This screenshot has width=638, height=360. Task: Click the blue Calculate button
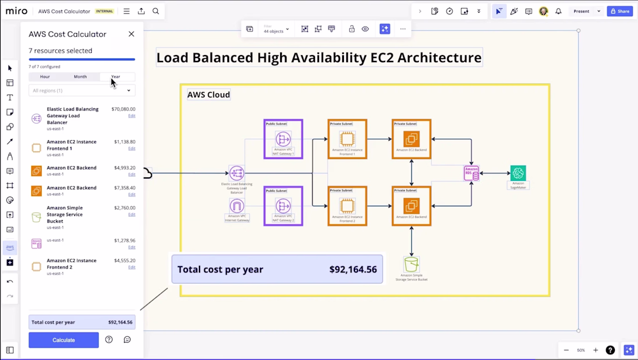click(x=64, y=340)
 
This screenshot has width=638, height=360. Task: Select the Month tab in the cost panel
click(x=80, y=77)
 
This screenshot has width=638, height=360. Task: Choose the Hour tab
click(x=45, y=77)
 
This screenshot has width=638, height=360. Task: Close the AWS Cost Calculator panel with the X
click(x=131, y=34)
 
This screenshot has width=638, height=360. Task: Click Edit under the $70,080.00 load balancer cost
click(x=132, y=116)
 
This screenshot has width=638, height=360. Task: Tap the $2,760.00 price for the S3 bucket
click(x=124, y=208)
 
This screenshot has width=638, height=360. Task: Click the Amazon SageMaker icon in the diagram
click(x=518, y=173)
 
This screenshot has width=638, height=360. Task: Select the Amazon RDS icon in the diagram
click(x=472, y=173)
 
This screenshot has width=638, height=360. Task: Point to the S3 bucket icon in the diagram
click(x=411, y=264)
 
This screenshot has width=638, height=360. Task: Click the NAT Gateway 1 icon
click(x=283, y=139)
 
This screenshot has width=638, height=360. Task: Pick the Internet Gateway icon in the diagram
click(x=237, y=206)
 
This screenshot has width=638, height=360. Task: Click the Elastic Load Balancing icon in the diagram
click(x=237, y=173)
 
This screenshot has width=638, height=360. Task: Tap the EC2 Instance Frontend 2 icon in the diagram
click(x=347, y=205)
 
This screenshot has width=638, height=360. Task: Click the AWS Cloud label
click(x=208, y=94)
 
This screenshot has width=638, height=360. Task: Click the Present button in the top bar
click(x=581, y=11)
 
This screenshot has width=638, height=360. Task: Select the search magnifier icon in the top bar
click(x=156, y=11)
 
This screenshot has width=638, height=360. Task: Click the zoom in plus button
click(x=595, y=350)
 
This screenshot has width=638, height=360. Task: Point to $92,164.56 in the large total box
click(x=353, y=269)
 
